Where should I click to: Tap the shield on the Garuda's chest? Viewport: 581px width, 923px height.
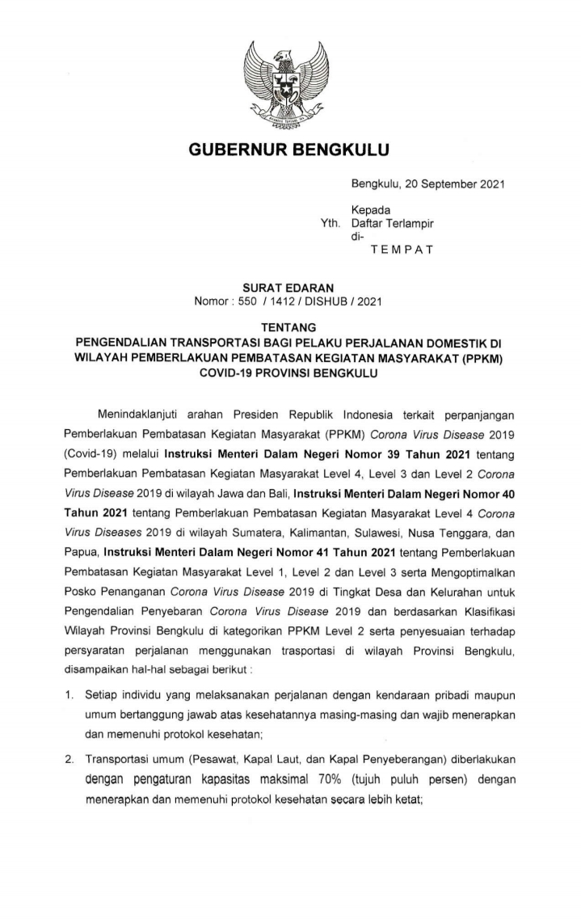(x=290, y=83)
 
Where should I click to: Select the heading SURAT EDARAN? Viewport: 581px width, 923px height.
(x=290, y=288)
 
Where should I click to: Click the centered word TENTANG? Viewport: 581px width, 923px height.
(x=290, y=328)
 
